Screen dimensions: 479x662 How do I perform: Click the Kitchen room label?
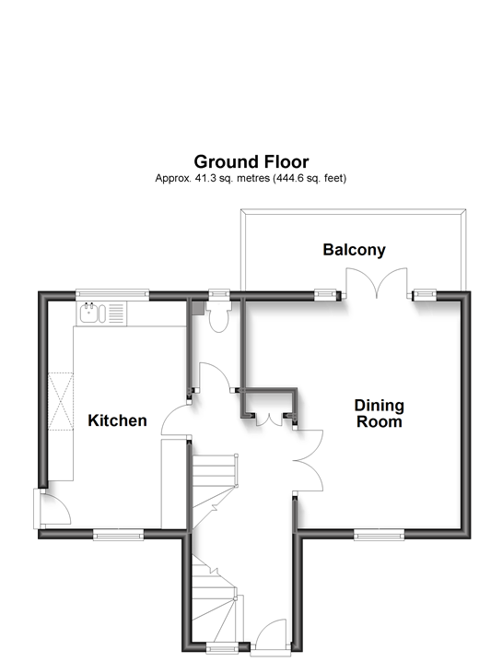[x=117, y=420]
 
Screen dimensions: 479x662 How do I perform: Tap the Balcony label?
[x=355, y=250]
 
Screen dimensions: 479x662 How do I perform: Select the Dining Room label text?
[x=380, y=413]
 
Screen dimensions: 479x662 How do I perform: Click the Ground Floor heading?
[x=251, y=161]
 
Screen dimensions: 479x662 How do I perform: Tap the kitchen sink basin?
[x=89, y=313]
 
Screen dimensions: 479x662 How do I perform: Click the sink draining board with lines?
[x=117, y=313]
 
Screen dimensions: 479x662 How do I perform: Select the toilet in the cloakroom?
[x=218, y=316]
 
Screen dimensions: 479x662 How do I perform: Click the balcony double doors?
[x=377, y=282]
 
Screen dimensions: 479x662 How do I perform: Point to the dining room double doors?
[x=309, y=460]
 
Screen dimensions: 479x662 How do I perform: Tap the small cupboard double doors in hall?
[x=270, y=420]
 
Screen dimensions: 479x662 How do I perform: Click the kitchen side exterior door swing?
[x=53, y=508]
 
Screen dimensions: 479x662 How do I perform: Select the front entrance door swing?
[x=271, y=636]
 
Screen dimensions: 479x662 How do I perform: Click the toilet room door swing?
[x=215, y=376]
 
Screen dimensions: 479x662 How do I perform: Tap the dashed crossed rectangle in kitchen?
[x=61, y=401]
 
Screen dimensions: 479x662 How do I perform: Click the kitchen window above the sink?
[x=112, y=294]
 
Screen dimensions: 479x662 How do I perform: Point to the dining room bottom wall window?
[x=380, y=535]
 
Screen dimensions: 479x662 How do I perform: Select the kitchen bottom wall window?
[x=119, y=535]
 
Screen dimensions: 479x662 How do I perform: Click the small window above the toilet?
[x=219, y=294]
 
